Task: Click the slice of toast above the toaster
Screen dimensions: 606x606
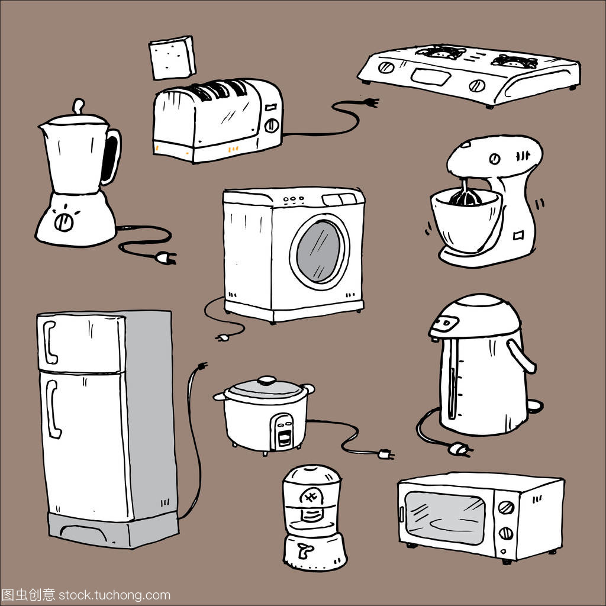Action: (172, 57)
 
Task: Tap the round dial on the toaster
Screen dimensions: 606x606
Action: (272, 125)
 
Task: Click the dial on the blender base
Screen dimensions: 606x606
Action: (63, 222)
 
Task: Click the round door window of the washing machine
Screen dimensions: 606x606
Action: (320, 251)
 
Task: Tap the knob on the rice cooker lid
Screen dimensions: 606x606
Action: (267, 380)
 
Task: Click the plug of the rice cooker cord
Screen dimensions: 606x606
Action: (385, 454)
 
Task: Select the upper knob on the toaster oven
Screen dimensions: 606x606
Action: (506, 508)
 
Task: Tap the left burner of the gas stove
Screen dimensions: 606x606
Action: (439, 54)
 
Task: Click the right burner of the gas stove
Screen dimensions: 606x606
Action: (514, 60)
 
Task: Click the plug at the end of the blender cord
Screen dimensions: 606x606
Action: (165, 257)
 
